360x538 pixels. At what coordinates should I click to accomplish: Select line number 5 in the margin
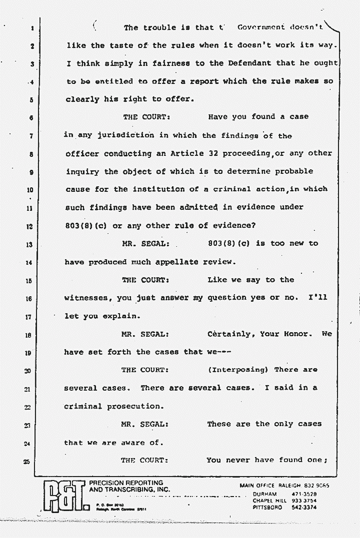tap(31, 99)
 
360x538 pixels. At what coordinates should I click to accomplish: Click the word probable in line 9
tap(293, 171)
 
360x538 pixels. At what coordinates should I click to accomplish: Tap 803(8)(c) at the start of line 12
tap(87, 226)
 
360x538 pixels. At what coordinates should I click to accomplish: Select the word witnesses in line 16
tap(87, 298)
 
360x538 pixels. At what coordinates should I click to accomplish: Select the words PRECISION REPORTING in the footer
tap(125, 483)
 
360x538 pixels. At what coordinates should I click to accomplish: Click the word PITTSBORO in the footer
tap(267, 507)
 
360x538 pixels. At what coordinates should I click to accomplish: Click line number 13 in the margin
tap(29, 244)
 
